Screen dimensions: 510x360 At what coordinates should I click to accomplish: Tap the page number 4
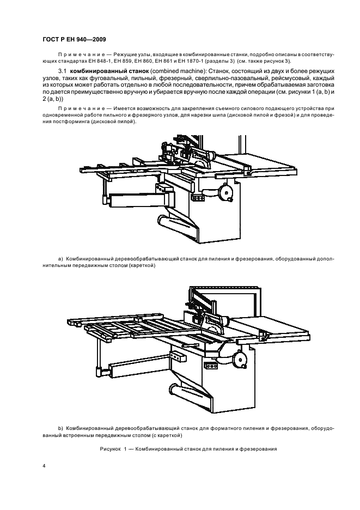click(x=44, y=466)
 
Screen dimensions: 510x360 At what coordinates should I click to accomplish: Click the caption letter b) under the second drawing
click(x=61, y=428)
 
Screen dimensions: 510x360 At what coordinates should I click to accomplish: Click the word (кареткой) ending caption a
click(x=143, y=266)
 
